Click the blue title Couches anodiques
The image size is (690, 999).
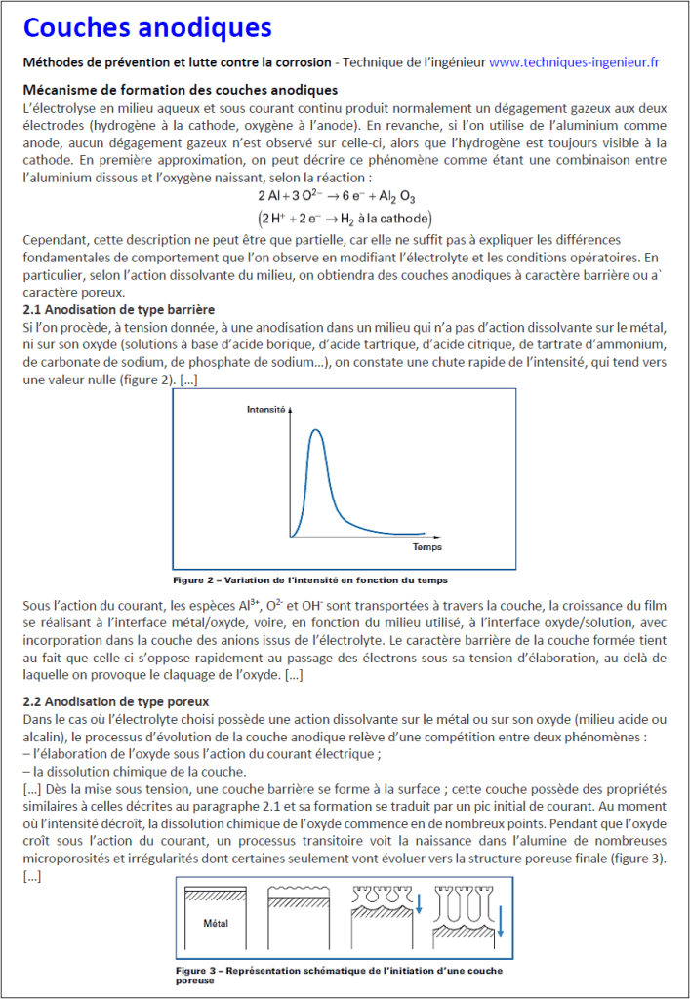pyautogui.click(x=147, y=28)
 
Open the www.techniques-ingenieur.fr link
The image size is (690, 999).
pyautogui.click(x=574, y=62)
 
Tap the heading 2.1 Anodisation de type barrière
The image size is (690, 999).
pyautogui.click(x=118, y=309)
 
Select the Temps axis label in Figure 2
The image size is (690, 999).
pyautogui.click(x=426, y=547)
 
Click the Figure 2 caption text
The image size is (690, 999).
pyautogui.click(x=309, y=566)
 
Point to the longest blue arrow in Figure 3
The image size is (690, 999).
pyautogui.click(x=500, y=928)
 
